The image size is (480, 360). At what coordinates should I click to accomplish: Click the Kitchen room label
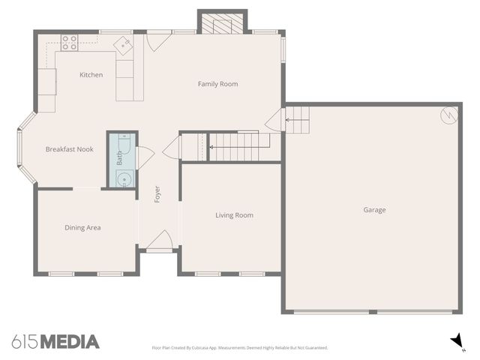pyautogui.click(x=91, y=75)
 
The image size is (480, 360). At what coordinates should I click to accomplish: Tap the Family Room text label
pyautogui.click(x=217, y=84)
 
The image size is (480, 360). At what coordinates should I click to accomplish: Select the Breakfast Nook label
pyautogui.click(x=69, y=149)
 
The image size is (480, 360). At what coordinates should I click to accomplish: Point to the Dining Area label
pyautogui.click(x=82, y=227)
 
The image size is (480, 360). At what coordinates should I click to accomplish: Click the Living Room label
pyautogui.click(x=234, y=215)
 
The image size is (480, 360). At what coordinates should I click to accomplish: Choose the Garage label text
pyautogui.click(x=374, y=210)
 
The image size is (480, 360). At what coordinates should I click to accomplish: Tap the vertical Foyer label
pyautogui.click(x=157, y=193)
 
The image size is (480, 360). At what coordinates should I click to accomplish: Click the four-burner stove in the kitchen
pyautogui.click(x=70, y=43)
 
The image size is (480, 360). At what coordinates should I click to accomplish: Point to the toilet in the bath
pyautogui.click(x=124, y=142)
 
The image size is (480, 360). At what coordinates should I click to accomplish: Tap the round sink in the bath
pyautogui.click(x=124, y=178)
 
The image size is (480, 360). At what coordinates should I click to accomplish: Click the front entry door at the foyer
pyautogui.click(x=159, y=241)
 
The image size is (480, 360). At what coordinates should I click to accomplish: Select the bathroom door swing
pyautogui.click(x=144, y=156)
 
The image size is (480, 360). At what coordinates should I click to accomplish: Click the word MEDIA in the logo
pyautogui.click(x=69, y=342)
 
